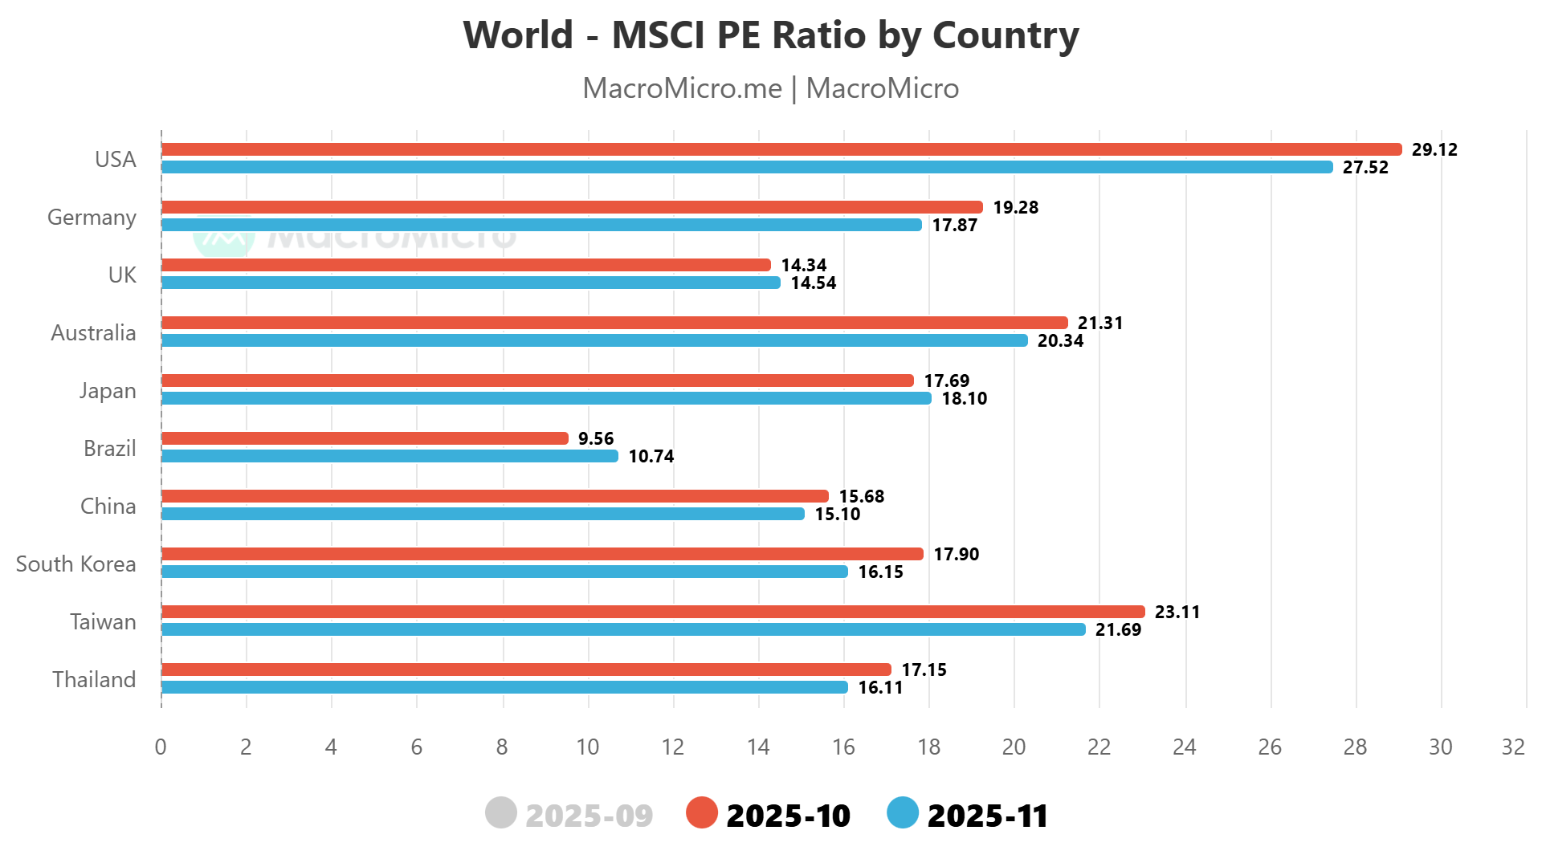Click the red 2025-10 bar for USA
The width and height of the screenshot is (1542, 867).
coord(781,149)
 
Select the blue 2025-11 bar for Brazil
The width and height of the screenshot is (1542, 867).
coord(390,456)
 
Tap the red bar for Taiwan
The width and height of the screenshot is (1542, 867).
coord(652,612)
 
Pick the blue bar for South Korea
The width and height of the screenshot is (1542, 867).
coord(504,572)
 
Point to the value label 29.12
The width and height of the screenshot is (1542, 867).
coord(1434,150)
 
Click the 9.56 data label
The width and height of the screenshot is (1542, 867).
coord(596,439)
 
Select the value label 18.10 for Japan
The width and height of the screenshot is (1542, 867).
coord(964,399)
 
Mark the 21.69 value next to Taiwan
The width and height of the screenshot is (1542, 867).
coord(1118,630)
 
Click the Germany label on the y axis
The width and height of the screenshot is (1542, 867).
coord(92,218)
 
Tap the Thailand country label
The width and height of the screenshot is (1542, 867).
coord(94,680)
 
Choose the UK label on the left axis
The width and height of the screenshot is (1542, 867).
coord(122,275)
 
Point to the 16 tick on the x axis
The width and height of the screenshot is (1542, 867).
coord(843,747)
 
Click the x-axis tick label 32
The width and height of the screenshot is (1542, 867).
coord(1513,747)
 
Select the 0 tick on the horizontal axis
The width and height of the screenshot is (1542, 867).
coord(161,747)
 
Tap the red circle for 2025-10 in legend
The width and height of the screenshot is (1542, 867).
coord(701,813)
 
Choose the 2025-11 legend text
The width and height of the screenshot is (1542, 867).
coord(988,816)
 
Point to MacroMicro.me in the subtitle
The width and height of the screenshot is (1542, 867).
coord(682,88)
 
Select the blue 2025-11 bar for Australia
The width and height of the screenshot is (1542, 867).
coord(594,340)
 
